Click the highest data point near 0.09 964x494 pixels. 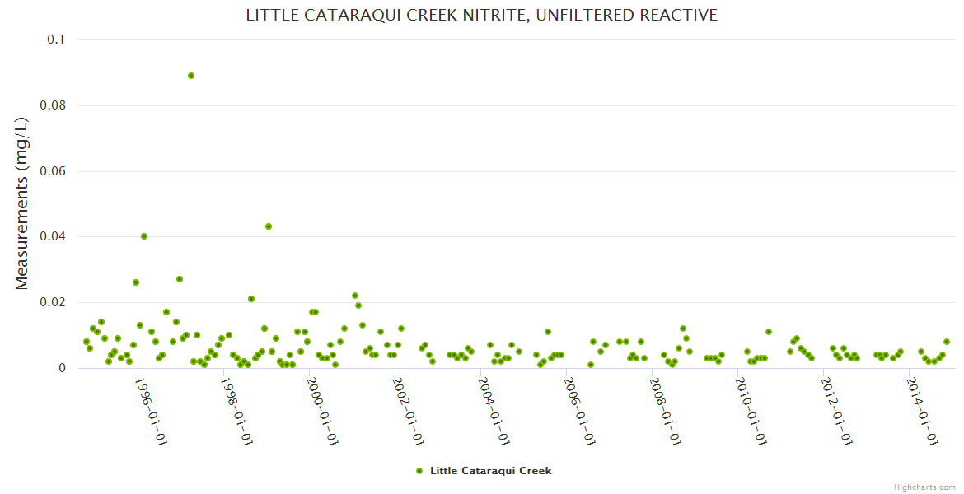coord(191,76)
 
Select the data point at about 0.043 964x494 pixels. coord(269,226)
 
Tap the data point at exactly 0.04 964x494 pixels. coord(144,236)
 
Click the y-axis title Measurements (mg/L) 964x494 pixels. coord(22,203)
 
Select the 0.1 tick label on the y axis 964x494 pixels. coord(55,40)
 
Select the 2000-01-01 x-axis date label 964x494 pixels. coord(323,412)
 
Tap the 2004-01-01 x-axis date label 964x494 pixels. coord(494,412)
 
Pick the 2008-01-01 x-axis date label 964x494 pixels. coord(666,412)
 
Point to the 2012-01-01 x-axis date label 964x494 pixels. coord(837,412)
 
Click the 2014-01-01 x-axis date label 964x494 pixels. coord(923,412)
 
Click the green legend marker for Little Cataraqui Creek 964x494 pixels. coord(419,471)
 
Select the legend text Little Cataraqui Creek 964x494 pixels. coord(490,471)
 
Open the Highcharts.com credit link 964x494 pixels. coord(924,487)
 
